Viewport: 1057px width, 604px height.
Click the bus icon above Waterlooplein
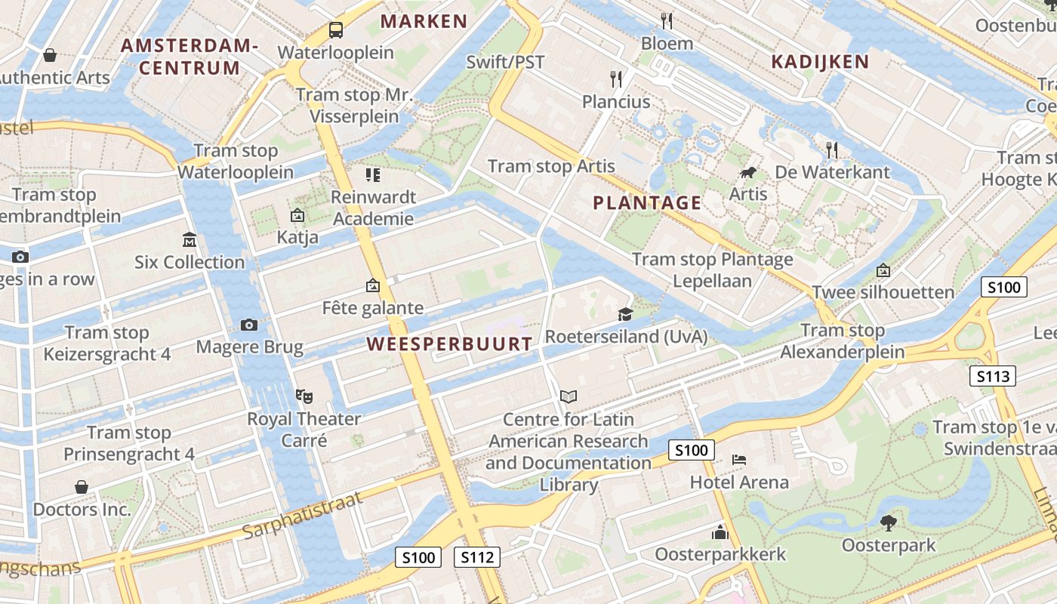(x=336, y=30)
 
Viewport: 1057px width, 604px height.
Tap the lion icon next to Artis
(x=748, y=173)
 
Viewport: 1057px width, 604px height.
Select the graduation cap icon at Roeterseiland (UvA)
(x=625, y=314)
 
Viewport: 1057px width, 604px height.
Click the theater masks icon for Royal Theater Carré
(x=304, y=396)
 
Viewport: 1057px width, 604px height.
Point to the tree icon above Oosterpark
(x=889, y=522)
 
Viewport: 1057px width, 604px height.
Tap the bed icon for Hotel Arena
(x=739, y=459)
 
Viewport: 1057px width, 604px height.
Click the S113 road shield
(x=992, y=376)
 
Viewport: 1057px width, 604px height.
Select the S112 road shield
(x=477, y=557)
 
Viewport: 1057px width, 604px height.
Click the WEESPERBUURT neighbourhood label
(x=449, y=344)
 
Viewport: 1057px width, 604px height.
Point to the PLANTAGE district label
(x=647, y=202)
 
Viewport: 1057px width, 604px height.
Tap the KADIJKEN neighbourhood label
(x=820, y=62)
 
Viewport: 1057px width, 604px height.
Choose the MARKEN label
(x=424, y=21)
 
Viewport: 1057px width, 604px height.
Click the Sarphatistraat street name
(x=303, y=516)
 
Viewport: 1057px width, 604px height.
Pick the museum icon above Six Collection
(x=190, y=240)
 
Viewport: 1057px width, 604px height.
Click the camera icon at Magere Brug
(x=248, y=325)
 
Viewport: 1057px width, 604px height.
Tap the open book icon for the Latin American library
(x=569, y=396)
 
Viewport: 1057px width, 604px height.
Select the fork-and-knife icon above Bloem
(x=666, y=20)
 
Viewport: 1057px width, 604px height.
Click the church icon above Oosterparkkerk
(x=720, y=533)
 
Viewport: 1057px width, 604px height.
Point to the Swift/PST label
(x=505, y=62)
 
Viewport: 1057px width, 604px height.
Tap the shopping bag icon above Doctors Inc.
(x=82, y=487)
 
